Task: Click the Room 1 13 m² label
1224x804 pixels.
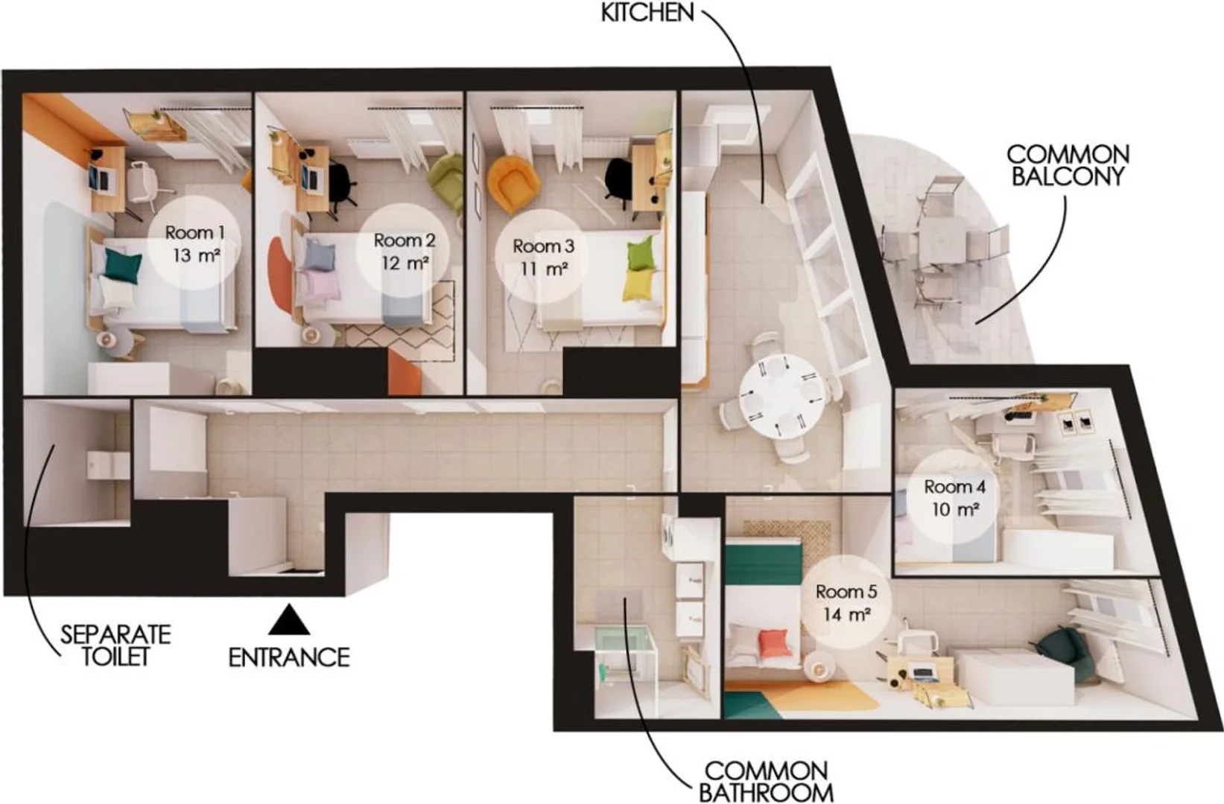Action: pos(195,243)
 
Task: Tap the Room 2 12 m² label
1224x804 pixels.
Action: pos(405,252)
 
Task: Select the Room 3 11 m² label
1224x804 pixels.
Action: pos(543,258)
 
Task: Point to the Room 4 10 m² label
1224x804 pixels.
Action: pos(954,497)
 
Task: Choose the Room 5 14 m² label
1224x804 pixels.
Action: pos(846,603)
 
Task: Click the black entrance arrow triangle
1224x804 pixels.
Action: pos(289,619)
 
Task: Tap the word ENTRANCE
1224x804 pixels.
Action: pos(289,657)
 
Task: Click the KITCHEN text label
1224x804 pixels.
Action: pos(647,13)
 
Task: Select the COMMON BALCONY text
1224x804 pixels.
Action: pos(1068,165)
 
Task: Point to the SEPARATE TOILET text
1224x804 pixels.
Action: pos(115,645)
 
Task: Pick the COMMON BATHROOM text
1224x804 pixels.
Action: pos(766,782)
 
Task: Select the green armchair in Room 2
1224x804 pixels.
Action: pos(445,177)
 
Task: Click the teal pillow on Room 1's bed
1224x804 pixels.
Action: pos(124,266)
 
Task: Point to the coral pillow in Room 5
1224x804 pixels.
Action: pos(775,643)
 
